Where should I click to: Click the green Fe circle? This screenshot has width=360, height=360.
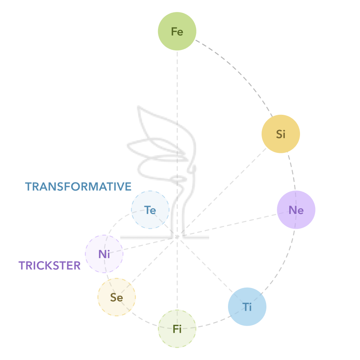(x=177, y=32)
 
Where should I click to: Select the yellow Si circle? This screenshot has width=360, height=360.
(x=281, y=134)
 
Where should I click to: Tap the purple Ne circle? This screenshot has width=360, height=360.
(x=296, y=210)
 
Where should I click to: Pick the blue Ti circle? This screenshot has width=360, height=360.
(x=247, y=307)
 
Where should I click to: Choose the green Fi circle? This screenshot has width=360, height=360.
(x=177, y=329)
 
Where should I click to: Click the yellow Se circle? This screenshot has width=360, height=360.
(x=116, y=297)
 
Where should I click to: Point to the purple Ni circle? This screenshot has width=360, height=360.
(x=104, y=254)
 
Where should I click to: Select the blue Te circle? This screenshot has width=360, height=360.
(x=150, y=210)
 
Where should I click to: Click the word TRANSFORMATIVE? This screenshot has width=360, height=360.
(x=78, y=187)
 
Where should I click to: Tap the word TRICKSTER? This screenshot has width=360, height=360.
(x=50, y=266)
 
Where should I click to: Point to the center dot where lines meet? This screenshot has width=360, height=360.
(x=177, y=237)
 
